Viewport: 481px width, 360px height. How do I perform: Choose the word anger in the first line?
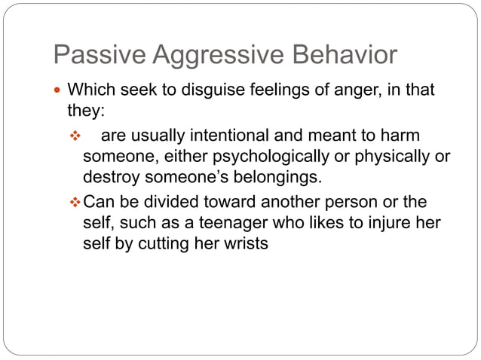tap(357, 91)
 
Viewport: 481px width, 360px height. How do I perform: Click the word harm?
tap(400, 136)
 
